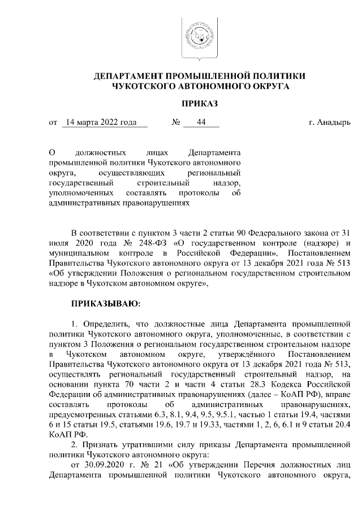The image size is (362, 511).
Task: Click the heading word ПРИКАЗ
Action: pyautogui.click(x=199, y=103)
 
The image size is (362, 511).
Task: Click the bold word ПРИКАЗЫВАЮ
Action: pyautogui.click(x=105, y=304)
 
